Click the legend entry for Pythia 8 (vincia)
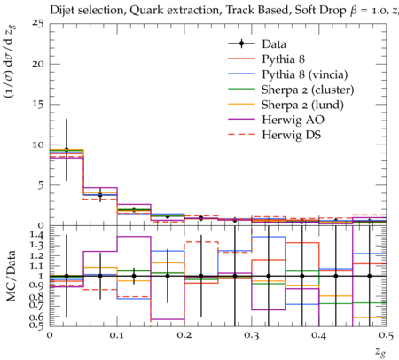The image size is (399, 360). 305,74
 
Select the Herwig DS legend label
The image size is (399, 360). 292,135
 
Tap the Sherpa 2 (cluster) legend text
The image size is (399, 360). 308,90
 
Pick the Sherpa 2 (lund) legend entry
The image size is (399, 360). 302,105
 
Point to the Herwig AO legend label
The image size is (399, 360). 293,120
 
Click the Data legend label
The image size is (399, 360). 274,44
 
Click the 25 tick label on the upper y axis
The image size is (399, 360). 38,23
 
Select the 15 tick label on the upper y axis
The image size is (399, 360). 38,105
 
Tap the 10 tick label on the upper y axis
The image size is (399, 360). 38,145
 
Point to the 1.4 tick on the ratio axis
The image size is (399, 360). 37,236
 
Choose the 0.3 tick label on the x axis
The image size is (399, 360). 252,336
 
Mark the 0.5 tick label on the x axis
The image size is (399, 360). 387,336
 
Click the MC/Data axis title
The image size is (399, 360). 12,276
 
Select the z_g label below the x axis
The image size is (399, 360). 380,351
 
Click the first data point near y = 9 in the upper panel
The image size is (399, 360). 66,150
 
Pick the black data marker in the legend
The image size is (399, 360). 241,43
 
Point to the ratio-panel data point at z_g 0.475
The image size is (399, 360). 370,276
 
